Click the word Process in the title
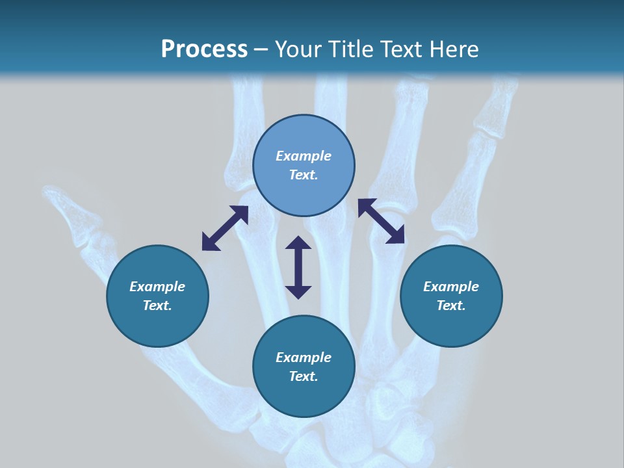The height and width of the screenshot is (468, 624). coord(204,49)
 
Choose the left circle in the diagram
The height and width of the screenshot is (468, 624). coord(157,296)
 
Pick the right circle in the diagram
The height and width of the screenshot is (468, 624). coord(451,296)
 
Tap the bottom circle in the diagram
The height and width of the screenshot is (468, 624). coord(304,366)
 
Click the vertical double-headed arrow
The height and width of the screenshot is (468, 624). coord(298,267)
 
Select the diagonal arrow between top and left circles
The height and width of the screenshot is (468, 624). coord(225,228)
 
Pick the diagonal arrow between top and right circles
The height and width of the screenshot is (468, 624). coord(381,221)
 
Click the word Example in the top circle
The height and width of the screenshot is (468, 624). coord(304,156)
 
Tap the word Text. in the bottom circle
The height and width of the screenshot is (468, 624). coord(304,376)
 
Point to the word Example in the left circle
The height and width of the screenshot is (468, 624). coord(157,287)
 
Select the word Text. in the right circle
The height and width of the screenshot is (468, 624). coord(451,305)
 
